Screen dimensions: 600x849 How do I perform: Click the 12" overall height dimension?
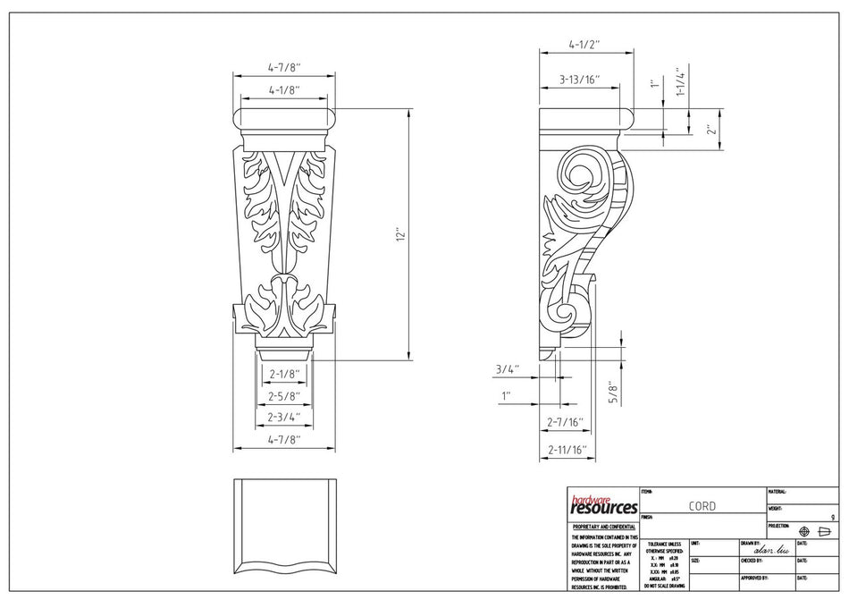tap(403, 235)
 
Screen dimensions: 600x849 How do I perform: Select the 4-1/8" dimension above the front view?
tap(282, 89)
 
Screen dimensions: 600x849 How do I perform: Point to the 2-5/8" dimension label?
tap(282, 395)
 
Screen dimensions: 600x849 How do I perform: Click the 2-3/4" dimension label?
tap(282, 417)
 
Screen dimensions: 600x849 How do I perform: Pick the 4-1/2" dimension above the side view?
tap(584, 43)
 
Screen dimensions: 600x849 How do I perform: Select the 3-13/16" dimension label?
tap(579, 80)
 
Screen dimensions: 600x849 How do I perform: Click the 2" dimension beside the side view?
tap(710, 129)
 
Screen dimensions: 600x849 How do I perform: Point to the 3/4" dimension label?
tap(506, 368)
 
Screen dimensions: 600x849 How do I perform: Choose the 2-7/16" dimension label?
tap(565, 420)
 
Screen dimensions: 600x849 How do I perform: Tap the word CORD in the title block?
tap(702, 506)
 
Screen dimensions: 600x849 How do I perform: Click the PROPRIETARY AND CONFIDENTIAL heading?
tap(602, 528)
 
